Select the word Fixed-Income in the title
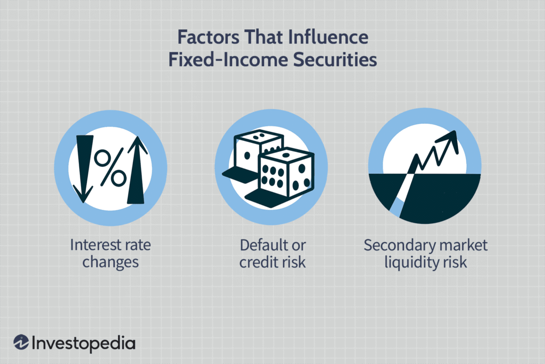[x=220, y=60]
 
